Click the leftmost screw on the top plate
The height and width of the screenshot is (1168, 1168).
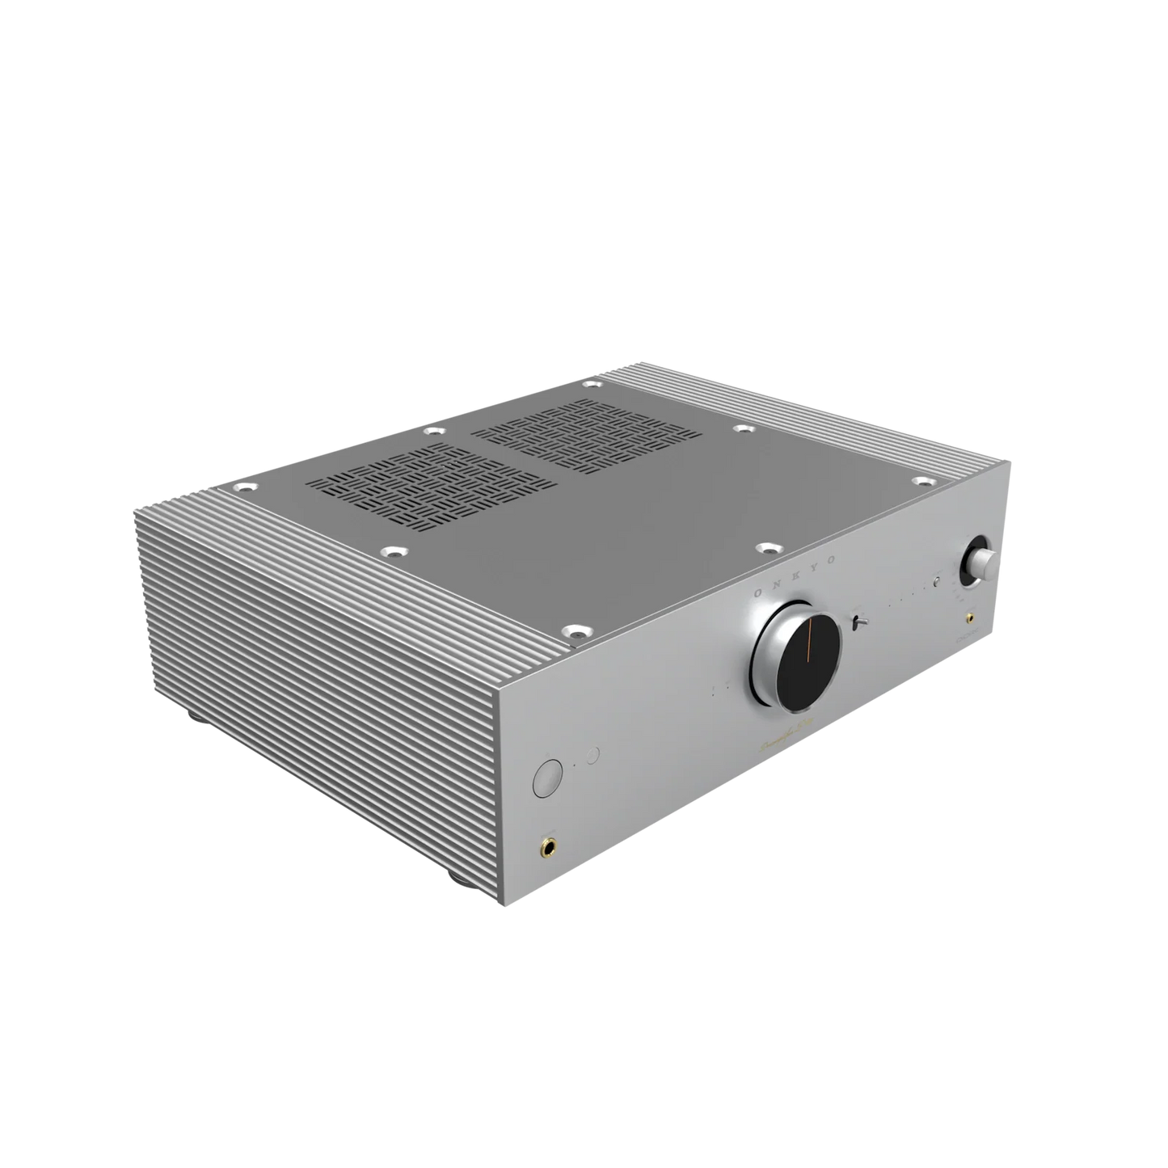click(x=241, y=488)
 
